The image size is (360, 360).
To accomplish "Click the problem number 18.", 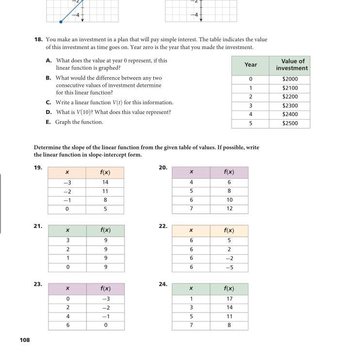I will (38, 39).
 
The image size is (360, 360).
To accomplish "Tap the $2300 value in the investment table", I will (290, 105).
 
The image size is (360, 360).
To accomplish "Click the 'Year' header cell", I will (250, 65).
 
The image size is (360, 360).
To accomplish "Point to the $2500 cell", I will (290, 123).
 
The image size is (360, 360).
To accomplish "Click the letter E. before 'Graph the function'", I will (49, 122).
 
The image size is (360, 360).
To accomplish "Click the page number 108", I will (25, 340).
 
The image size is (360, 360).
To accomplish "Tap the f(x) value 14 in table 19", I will (105, 182).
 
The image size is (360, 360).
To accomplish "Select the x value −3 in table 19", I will (67, 182).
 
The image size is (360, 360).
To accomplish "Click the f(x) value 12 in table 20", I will (229, 209).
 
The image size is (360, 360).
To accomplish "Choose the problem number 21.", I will (38, 226).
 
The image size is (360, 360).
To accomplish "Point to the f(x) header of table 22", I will (229, 230).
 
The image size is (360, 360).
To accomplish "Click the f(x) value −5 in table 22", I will (229, 267).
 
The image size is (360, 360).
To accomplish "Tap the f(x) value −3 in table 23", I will (105, 299).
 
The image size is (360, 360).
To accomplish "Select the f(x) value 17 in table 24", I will (229, 299).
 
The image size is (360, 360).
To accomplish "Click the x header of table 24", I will (191, 289).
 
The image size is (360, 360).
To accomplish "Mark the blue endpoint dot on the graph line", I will (61, 22).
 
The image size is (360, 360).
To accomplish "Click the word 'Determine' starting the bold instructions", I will (49, 147).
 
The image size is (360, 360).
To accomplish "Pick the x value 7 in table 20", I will (191, 209).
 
